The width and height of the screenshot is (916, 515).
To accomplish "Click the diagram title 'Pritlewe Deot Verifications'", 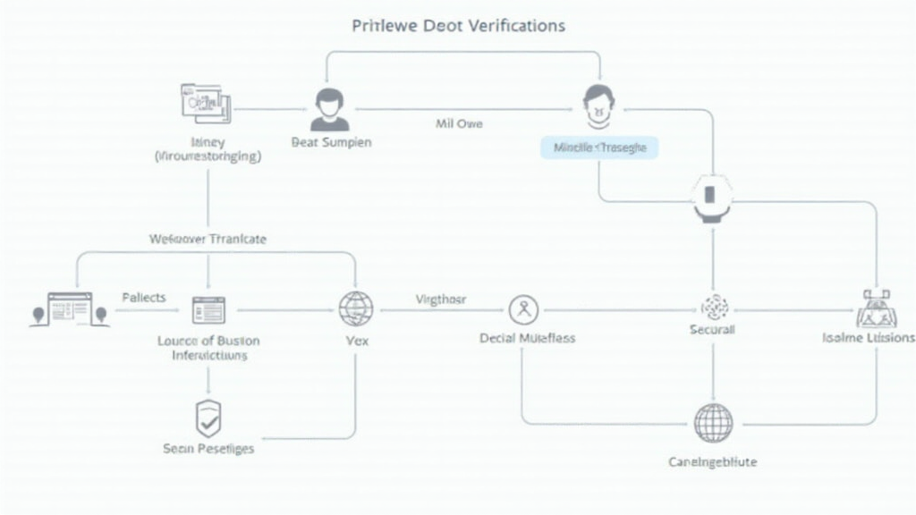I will tap(458, 25).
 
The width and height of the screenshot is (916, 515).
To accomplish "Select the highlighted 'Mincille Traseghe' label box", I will tap(599, 148).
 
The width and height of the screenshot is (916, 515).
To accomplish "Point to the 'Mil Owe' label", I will tap(459, 123).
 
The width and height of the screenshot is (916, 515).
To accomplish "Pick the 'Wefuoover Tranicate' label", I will tap(208, 240).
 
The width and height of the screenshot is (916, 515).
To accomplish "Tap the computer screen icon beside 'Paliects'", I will tap(69, 310).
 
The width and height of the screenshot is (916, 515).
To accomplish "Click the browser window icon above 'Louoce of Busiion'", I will tap(208, 310).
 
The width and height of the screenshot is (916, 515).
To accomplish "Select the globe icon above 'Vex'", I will tap(355, 309).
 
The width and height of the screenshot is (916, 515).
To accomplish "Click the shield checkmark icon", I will tap(208, 418).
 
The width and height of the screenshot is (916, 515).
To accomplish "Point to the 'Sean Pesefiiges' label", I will tap(208, 448).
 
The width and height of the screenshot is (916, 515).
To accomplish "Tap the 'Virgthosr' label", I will tap(441, 300).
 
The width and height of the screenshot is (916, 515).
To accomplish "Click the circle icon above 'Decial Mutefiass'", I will tap(523, 310).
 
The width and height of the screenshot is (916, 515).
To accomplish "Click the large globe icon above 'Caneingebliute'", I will tap(713, 423).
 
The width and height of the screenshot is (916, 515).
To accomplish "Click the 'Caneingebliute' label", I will tap(713, 461).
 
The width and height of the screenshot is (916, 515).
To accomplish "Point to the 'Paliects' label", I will tap(143, 298).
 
